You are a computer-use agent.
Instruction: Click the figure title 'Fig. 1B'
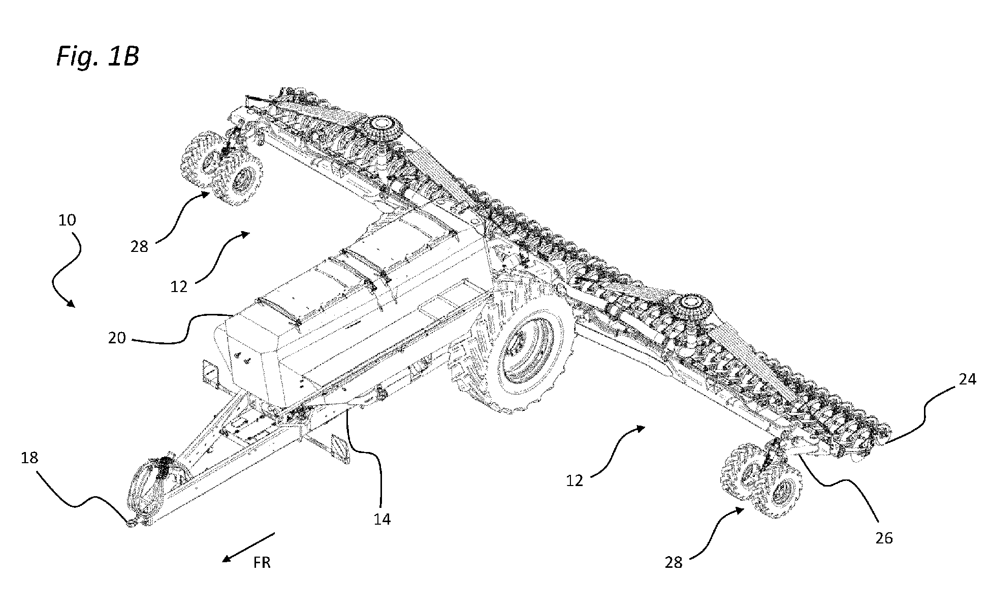pos(97,57)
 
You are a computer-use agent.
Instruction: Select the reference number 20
pos(117,338)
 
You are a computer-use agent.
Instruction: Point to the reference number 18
pos(29,458)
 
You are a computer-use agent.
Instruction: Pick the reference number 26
pos(884,538)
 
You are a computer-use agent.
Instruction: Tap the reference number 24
pos(967,379)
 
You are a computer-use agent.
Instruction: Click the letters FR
pos(262,563)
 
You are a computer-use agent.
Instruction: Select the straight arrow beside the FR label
pos(248,547)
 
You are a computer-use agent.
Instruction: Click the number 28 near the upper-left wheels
pos(139,247)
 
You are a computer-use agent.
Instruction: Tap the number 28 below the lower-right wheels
pos(674,562)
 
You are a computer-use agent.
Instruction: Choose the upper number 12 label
pos(179,287)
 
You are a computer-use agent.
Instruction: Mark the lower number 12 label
pos(575,480)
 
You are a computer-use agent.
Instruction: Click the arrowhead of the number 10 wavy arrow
pos(71,305)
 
